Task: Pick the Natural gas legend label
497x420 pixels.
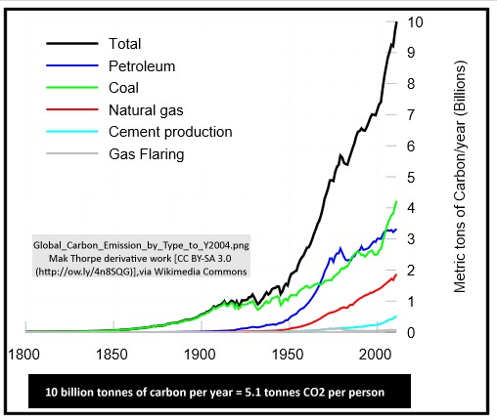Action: [143, 109]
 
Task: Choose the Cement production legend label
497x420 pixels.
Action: [169, 131]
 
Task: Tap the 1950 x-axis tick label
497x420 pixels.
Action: [288, 353]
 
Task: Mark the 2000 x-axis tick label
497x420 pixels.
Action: [375, 353]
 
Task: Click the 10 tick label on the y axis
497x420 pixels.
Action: [415, 21]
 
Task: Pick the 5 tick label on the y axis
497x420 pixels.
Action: [411, 177]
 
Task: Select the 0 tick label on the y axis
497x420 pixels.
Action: [411, 332]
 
